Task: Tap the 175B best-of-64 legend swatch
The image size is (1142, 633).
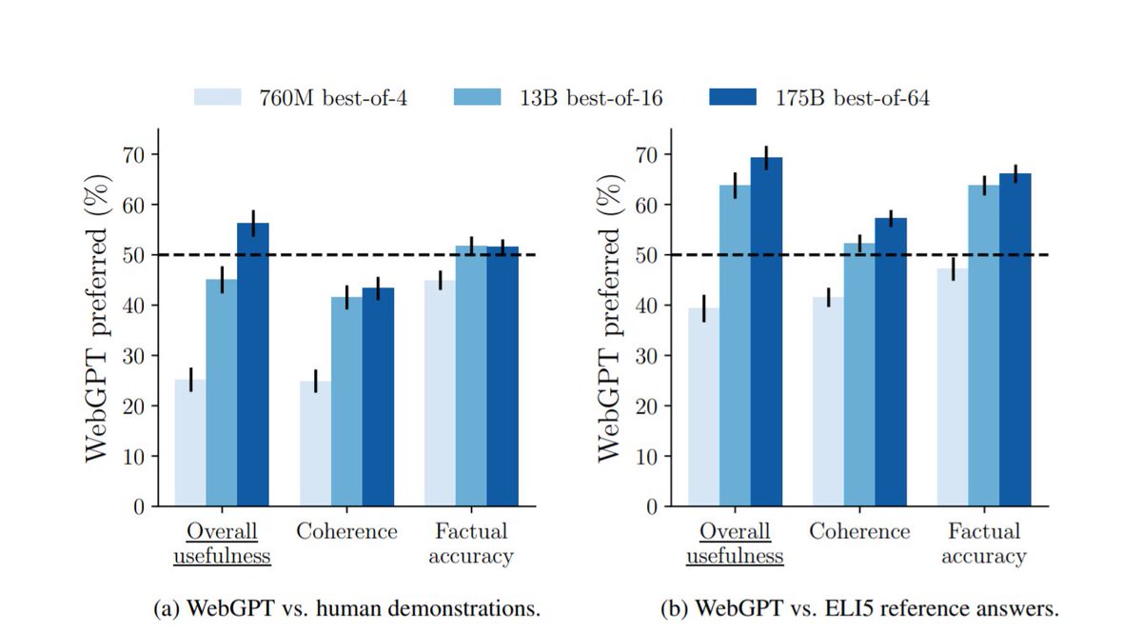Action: [x=733, y=97]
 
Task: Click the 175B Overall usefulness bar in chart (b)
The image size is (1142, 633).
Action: [x=766, y=332]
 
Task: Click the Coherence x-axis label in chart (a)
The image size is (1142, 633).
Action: [x=346, y=531]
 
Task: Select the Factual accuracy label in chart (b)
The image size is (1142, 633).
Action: [x=984, y=544]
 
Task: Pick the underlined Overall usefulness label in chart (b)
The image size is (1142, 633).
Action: [x=735, y=544]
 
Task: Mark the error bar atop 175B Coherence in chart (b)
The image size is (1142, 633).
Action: [x=891, y=218]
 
